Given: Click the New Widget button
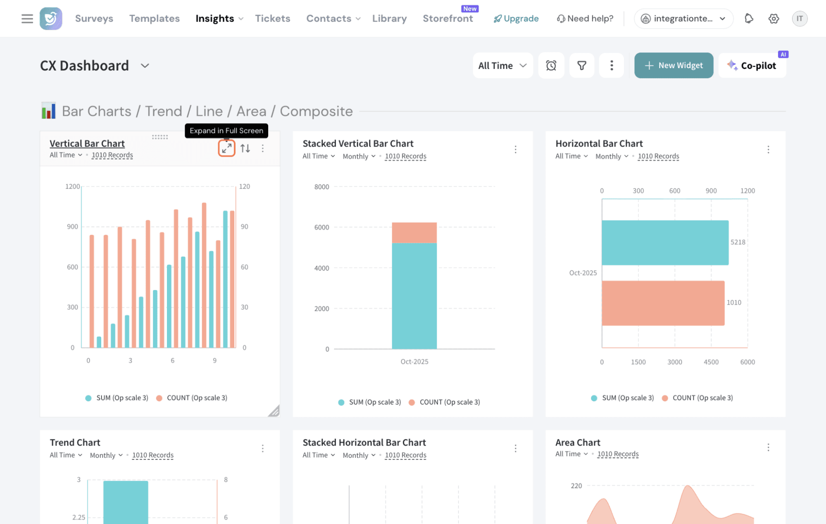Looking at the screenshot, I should coord(674,65).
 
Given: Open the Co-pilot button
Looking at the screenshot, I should coord(752,65).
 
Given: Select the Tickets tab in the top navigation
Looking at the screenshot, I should coord(272,19).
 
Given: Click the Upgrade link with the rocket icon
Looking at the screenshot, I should coord(516,19).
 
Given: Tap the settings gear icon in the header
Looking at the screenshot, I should coord(774,19).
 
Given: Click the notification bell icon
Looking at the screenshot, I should coord(749,19).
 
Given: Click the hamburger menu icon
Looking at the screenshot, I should coord(27,19).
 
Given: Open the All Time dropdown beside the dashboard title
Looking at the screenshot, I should coord(502,65).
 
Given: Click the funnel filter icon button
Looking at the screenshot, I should coord(581,65).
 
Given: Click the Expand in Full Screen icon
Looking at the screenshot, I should coord(226,148).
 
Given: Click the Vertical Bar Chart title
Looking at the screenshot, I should coord(87,143).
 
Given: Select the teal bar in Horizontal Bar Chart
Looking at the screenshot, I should coord(665,243).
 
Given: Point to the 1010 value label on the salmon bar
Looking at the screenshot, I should coord(734,302).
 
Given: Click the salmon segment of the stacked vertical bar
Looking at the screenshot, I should coord(414,233).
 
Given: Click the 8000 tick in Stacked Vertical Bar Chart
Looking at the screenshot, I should coord(321,187).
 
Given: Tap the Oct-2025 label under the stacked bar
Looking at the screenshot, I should coord(414,362).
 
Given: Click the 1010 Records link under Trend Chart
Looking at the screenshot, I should coord(153,455).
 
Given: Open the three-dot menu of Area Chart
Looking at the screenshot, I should coord(768,448).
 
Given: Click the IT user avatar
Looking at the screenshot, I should coord(800,19).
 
